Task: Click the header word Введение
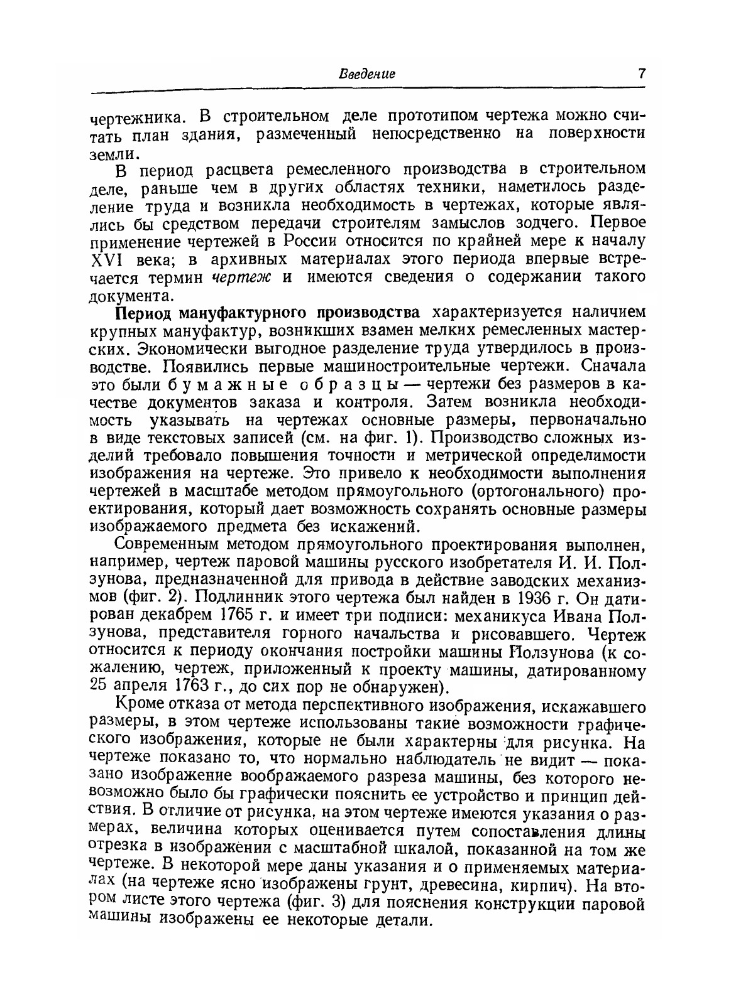tap(367, 73)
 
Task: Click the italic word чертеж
tap(241, 278)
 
